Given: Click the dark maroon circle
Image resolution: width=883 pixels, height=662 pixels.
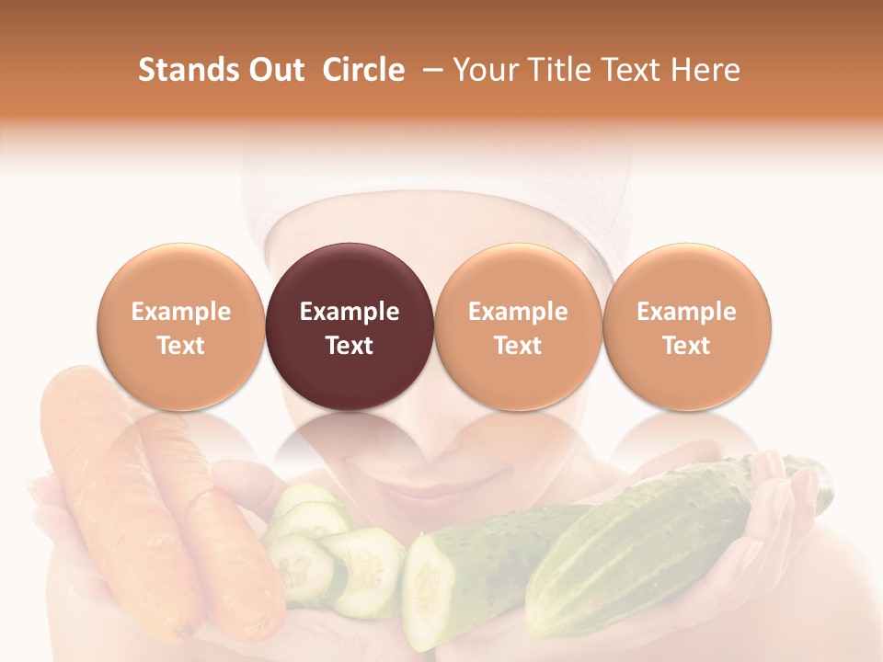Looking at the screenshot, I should [350, 326].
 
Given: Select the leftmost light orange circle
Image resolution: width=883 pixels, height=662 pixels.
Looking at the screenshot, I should [181, 326].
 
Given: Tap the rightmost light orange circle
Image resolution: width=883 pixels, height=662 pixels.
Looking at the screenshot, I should [686, 326].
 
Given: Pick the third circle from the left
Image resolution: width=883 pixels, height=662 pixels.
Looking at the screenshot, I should [518, 326].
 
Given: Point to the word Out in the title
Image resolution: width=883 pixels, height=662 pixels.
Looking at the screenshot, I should [274, 70].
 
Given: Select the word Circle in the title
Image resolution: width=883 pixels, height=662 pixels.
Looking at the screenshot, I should [363, 70].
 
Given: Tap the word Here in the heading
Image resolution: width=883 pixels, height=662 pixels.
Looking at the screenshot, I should [705, 70].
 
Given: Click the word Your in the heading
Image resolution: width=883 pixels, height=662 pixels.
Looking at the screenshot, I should [485, 70].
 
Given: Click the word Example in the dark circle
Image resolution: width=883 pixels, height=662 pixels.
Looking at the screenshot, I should [350, 312].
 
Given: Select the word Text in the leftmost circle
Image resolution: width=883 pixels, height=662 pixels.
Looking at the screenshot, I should [181, 346].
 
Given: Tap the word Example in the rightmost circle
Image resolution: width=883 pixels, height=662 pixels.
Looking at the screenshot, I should [686, 312].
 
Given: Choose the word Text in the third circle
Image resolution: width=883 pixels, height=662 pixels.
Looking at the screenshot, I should [518, 346].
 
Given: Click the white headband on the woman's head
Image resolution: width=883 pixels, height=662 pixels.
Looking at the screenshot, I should [432, 184].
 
